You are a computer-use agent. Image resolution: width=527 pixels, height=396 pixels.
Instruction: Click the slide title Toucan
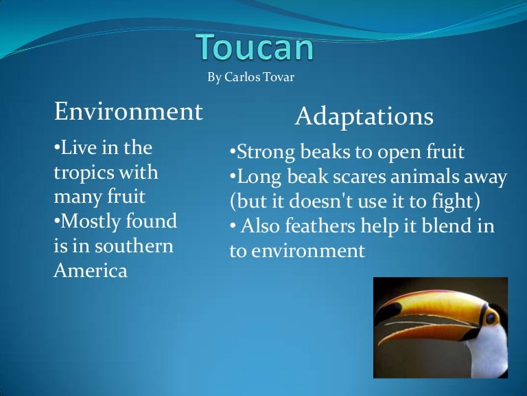[255, 47]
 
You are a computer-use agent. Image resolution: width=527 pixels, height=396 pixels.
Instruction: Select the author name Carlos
[242, 77]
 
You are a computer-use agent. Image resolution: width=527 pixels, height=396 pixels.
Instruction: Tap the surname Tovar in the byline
[279, 77]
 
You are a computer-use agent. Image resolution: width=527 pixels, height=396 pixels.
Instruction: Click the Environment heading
[128, 111]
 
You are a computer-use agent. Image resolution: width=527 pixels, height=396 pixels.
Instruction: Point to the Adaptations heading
[364, 116]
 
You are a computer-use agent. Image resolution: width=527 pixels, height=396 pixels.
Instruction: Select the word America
[91, 270]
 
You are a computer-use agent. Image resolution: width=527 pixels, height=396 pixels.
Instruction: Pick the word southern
[134, 246]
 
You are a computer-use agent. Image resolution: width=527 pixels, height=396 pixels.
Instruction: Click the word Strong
[266, 153]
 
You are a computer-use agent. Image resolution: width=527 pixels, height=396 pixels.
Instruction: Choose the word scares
[359, 177]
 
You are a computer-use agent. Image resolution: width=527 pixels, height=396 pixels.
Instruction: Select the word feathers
[320, 225]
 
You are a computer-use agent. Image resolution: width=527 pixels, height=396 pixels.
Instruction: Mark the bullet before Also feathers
[233, 225]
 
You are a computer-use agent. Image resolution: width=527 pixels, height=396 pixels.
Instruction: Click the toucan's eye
[491, 318]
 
